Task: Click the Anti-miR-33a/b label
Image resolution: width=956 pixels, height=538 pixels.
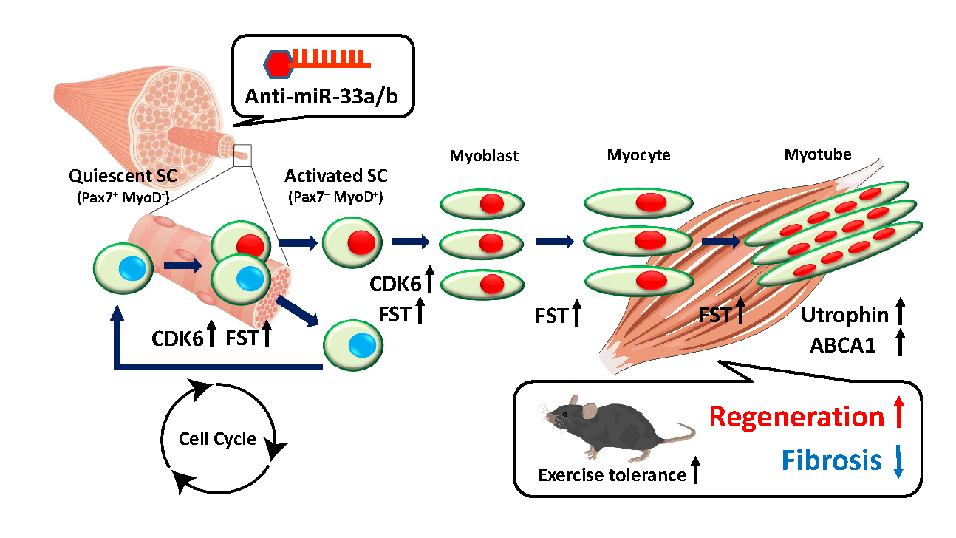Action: (321, 96)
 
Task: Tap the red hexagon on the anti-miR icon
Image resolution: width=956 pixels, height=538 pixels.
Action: (279, 64)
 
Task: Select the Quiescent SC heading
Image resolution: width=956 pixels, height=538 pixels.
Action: (123, 176)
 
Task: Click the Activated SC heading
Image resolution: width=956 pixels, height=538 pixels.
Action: (336, 176)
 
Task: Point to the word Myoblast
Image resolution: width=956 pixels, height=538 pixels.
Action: (484, 156)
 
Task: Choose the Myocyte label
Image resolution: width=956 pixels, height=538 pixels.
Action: (638, 155)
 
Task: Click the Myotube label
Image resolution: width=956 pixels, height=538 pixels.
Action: (818, 154)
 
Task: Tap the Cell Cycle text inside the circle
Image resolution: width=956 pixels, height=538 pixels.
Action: (217, 439)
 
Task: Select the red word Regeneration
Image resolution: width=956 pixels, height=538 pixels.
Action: (796, 417)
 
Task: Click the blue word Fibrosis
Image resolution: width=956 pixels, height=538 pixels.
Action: (831, 460)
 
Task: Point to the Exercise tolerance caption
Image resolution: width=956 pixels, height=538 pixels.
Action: (612, 474)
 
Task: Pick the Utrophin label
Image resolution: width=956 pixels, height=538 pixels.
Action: (845, 315)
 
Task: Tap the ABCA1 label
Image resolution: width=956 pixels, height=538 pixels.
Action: (842, 345)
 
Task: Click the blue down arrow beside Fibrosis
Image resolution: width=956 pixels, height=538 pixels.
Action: (898, 461)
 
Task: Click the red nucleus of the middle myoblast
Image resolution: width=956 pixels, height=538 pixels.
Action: (491, 244)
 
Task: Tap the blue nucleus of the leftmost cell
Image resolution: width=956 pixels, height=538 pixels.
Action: (132, 269)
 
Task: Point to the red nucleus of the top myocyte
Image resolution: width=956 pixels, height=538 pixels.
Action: (652, 202)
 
